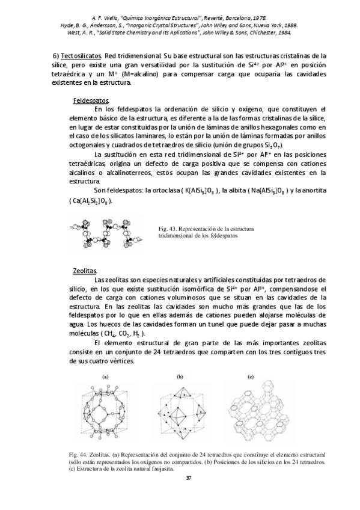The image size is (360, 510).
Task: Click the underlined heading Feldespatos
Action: [91, 100]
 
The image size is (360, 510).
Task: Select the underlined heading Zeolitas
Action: [84, 271]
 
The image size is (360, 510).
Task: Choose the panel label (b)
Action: [179, 377]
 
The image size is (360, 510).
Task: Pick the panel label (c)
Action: [251, 377]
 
